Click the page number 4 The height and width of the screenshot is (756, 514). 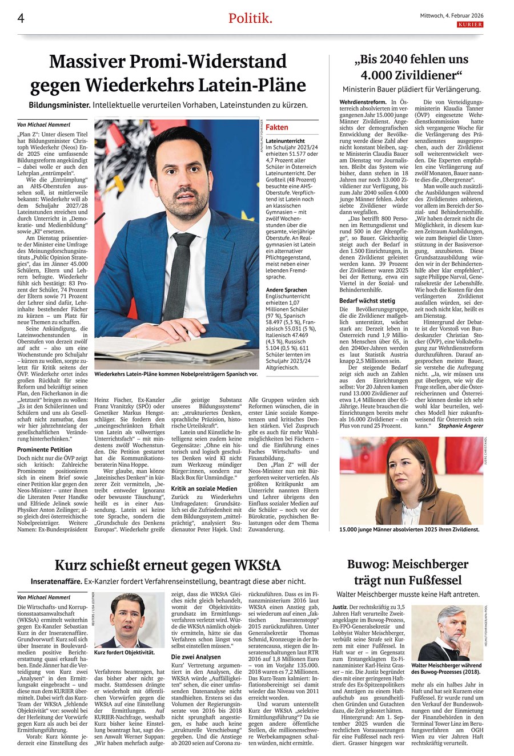point(21,19)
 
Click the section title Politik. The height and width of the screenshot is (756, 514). point(250,19)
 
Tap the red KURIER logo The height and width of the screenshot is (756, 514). point(469,25)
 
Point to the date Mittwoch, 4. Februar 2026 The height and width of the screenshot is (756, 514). point(448,16)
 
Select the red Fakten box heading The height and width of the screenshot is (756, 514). point(277,127)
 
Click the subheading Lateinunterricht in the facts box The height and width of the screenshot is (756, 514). point(286,140)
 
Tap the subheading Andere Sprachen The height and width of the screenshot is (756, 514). point(286,290)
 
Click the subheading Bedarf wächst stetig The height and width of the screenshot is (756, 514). point(367,300)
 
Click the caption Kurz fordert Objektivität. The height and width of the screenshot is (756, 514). point(125,652)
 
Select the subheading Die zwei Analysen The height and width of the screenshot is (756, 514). point(196,657)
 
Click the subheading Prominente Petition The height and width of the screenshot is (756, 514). point(45,450)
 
